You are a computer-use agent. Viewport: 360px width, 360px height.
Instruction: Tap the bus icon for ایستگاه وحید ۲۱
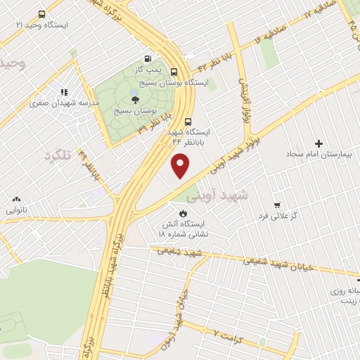pyautogui.click(x=42, y=14)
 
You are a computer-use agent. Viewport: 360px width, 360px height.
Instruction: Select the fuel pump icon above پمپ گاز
pyautogui.click(x=148, y=59)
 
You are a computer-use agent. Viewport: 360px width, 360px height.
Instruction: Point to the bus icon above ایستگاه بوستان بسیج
pyautogui.click(x=174, y=71)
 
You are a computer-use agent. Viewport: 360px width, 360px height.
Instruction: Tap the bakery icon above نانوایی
pyautogui.click(x=16, y=200)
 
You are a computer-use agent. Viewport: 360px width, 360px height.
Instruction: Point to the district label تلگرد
pyautogui.click(x=59, y=155)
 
